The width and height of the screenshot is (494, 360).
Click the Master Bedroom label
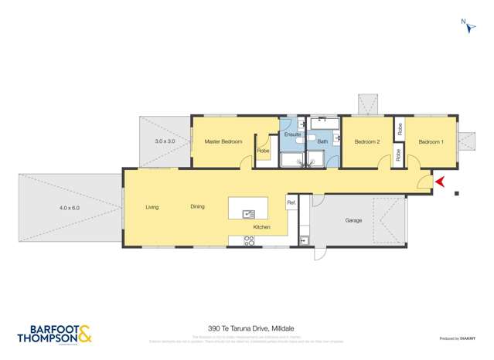223,142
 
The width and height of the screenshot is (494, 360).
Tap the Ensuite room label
292,135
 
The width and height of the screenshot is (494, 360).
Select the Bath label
322,142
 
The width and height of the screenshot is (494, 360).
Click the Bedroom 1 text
431,142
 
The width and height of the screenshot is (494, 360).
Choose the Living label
152,206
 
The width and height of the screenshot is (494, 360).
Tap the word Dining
198,206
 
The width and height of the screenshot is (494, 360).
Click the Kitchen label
262,226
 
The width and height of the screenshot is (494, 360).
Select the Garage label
353,221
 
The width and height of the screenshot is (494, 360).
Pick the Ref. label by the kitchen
291,202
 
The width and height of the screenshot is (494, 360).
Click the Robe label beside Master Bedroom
263,151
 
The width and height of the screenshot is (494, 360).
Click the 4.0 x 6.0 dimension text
70,208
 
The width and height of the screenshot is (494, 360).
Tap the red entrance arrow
440,182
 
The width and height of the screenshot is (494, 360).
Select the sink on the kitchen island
249,214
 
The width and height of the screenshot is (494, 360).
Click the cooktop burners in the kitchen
250,240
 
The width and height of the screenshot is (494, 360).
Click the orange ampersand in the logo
84,335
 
